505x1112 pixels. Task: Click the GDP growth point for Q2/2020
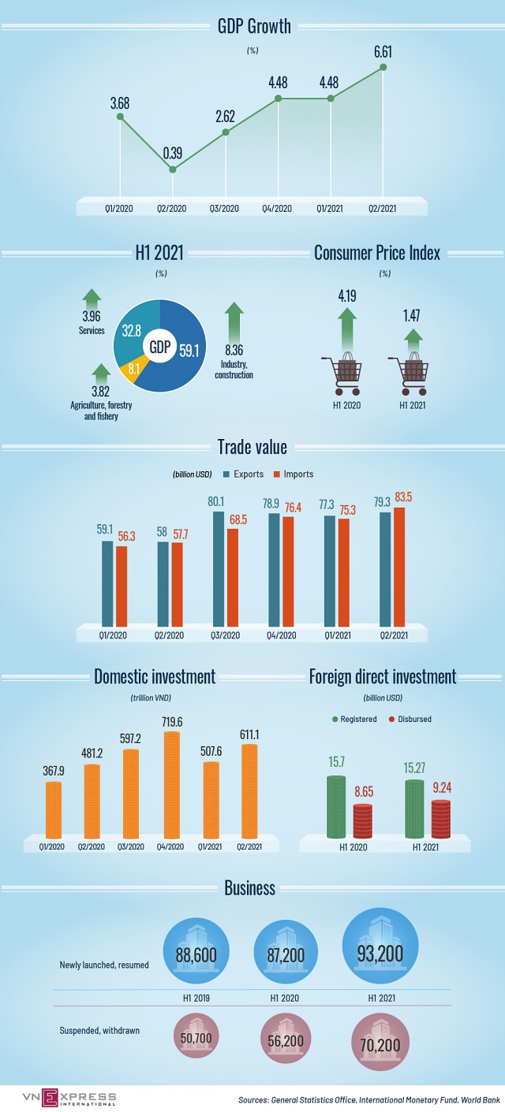[x=173, y=169]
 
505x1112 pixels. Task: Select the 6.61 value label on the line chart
[x=383, y=52]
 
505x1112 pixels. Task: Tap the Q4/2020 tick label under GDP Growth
[x=278, y=208]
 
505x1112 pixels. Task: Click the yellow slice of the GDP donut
[x=131, y=370]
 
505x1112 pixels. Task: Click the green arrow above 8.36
[x=234, y=320]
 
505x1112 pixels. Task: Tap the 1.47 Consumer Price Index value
[x=412, y=315]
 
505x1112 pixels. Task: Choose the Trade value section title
[x=252, y=448]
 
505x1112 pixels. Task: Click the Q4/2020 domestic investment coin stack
[x=171, y=785]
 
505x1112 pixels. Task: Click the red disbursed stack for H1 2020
[x=363, y=820]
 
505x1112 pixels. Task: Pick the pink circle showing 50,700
[x=196, y=1039]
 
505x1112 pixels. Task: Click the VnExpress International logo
[x=58, y=1097]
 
